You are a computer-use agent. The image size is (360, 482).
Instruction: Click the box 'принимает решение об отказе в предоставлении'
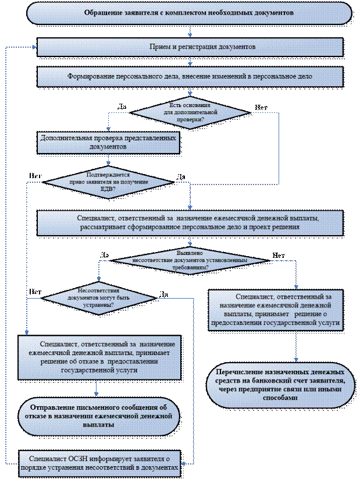(99, 357)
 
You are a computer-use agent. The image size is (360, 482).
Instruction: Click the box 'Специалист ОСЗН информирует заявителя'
(99, 459)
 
